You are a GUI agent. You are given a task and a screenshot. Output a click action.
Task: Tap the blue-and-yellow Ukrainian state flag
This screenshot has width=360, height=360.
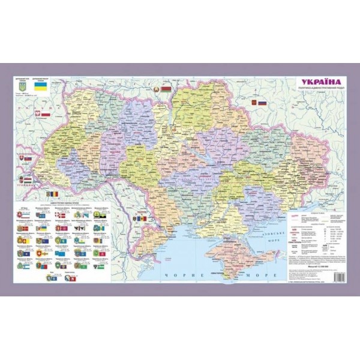40,88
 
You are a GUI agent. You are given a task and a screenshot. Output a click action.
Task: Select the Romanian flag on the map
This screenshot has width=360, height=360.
56,195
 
